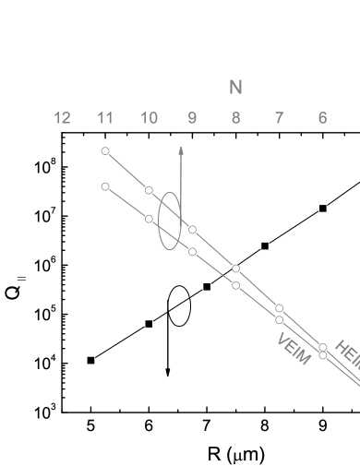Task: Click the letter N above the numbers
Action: click(235, 88)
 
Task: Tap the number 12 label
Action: click(62, 118)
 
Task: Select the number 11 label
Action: click(105, 118)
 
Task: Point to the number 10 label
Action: click(149, 118)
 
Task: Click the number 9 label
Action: click(192, 118)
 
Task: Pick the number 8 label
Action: click(235, 118)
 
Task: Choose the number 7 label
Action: click(279, 118)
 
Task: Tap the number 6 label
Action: click(322, 118)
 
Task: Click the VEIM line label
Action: click(294, 350)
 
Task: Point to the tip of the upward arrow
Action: click(181, 147)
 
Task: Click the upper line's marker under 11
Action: click(105, 150)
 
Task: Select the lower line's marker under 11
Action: click(105, 186)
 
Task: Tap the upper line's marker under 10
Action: click(149, 190)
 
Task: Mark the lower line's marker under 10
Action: click(149, 219)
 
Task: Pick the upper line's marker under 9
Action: click(192, 230)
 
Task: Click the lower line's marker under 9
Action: click(192, 251)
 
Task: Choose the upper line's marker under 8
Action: click(235, 269)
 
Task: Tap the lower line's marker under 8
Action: click(235, 285)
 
